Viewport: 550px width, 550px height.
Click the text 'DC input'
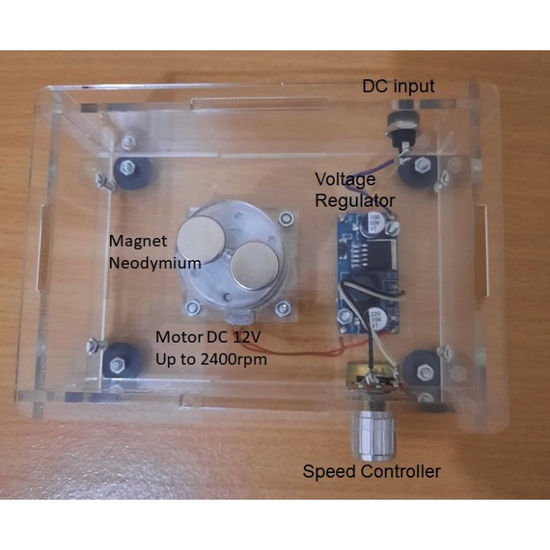point(398,86)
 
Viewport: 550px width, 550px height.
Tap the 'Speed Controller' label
point(372,471)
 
